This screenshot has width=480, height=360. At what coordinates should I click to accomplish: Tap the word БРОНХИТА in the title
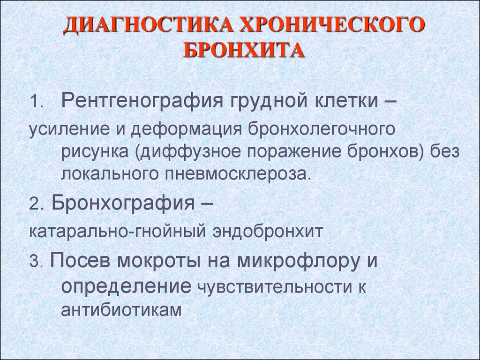[244, 51]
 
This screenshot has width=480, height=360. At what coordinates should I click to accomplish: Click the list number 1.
[37, 102]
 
